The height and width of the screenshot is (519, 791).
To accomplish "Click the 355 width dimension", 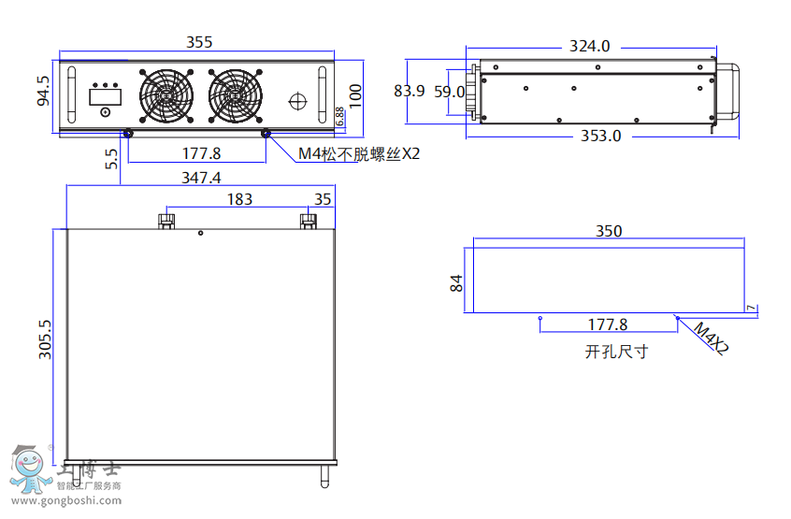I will tap(199, 42).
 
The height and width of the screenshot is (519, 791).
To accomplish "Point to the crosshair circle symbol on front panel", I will tap(298, 99).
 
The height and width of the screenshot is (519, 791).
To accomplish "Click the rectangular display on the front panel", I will tap(103, 95).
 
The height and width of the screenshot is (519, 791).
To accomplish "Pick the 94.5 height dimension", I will tap(43, 92).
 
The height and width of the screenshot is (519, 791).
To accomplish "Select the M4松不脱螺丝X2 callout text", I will tap(359, 154).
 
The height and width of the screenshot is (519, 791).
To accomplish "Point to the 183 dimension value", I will tap(239, 199).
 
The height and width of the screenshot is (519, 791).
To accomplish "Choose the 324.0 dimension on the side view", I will tap(589, 46).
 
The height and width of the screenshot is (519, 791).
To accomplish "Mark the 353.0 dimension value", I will tap(600, 136).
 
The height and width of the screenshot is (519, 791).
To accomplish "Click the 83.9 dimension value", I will tap(410, 91).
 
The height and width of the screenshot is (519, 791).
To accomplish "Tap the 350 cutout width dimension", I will tap(609, 231).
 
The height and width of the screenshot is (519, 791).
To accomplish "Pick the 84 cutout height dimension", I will tap(457, 282).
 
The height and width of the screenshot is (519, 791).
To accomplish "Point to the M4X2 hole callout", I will tap(711, 338).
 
